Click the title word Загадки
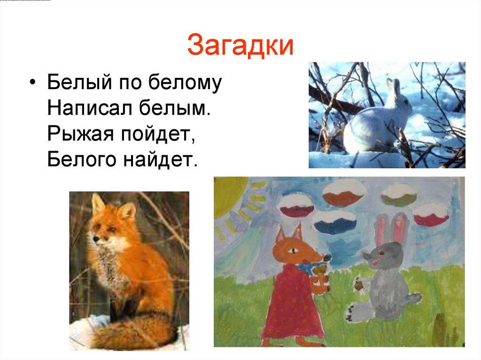240,46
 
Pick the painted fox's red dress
289,300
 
